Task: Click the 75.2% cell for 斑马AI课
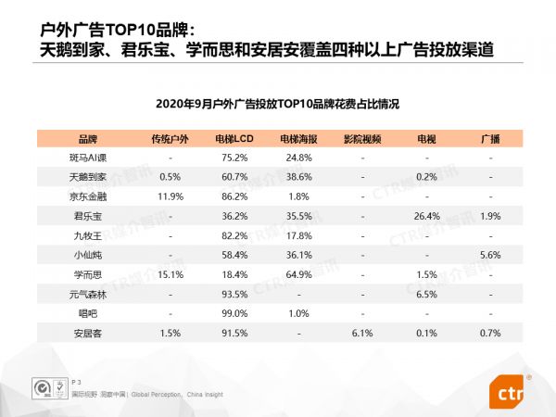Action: click(x=233, y=157)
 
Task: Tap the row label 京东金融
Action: click(x=88, y=196)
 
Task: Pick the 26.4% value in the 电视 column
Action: click(x=426, y=215)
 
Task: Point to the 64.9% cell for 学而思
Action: click(x=297, y=273)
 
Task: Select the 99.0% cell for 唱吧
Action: click(x=233, y=312)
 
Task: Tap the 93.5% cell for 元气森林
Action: click(x=233, y=293)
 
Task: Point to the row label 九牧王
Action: click(x=88, y=234)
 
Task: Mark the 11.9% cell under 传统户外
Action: click(x=170, y=196)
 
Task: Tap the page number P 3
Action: click(x=77, y=381)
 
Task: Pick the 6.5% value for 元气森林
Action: click(x=426, y=293)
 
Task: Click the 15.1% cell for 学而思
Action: click(x=170, y=273)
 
